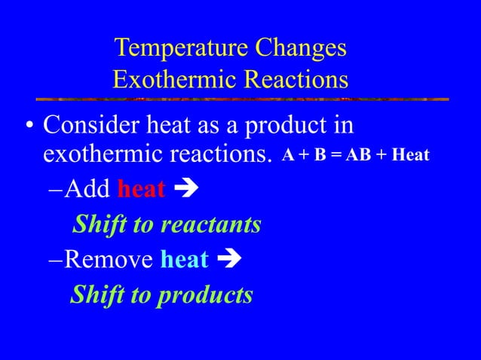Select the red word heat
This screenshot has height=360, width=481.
[141, 189]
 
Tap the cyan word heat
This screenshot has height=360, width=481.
[185, 260]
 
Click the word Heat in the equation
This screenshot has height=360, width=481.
[410, 156]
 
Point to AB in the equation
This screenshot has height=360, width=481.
[362, 156]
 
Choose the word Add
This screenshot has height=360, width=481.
[87, 189]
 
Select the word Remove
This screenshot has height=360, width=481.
[109, 260]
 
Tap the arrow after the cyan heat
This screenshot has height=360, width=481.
[228, 261]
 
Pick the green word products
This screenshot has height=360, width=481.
[204, 295]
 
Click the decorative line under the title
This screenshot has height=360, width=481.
[241, 99]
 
